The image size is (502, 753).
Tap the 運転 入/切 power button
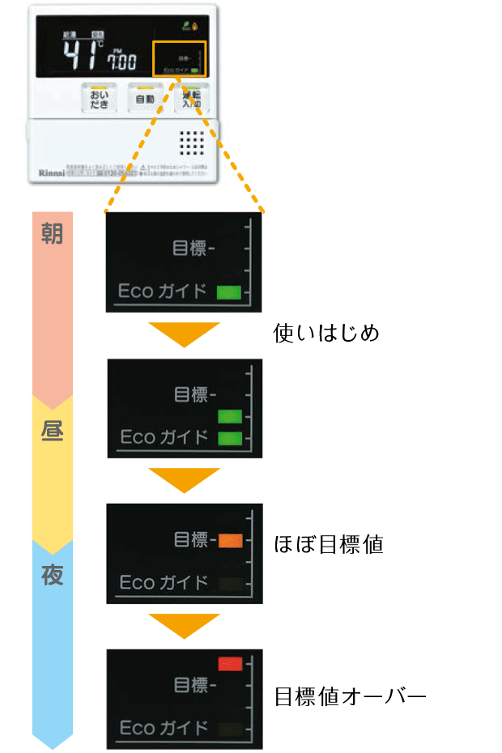(191, 99)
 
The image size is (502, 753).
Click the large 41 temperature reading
(81, 55)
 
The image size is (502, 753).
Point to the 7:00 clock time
(122, 61)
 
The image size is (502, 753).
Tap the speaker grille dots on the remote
(191, 143)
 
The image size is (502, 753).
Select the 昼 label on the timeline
(52, 430)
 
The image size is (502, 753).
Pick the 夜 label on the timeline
(52, 576)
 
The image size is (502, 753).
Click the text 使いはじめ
(326, 333)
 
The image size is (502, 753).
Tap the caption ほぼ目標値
(328, 543)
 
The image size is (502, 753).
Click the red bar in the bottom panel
(230, 665)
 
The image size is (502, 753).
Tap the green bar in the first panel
(229, 292)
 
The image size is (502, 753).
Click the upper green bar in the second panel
(230, 417)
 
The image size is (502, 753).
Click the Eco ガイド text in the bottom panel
(164, 727)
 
